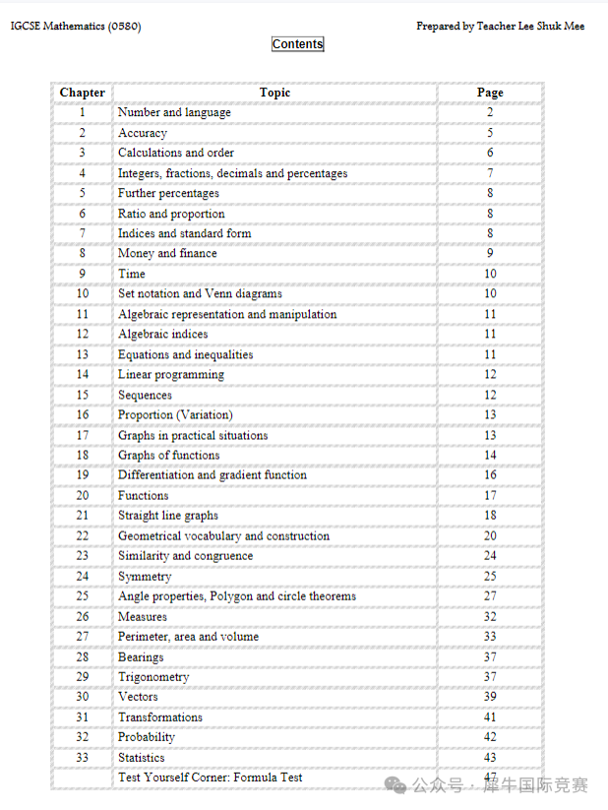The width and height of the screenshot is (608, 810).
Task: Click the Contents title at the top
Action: point(297,43)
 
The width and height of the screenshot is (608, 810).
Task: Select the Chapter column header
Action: point(83,93)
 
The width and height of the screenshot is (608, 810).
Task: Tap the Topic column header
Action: point(274,93)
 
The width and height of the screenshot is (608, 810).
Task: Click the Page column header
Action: point(490,93)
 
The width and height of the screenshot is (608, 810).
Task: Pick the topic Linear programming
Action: point(171,374)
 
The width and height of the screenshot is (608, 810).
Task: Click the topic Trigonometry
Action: point(153,677)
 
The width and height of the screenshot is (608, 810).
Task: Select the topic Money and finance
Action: point(167,253)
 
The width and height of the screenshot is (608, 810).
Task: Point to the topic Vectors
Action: point(138,697)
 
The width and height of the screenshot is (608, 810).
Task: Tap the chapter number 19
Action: point(83,475)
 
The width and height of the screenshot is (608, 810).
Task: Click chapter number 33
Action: point(83,758)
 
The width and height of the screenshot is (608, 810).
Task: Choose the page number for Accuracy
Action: point(490,133)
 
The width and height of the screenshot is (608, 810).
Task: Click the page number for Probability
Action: point(490,737)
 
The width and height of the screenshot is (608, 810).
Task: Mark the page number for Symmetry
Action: point(490,576)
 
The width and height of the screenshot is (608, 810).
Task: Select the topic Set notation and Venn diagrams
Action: point(200,293)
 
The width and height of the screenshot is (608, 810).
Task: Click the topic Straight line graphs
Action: point(168,516)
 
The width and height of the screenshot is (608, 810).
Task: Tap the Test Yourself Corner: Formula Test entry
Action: point(211,778)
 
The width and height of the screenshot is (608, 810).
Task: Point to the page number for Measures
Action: point(490,616)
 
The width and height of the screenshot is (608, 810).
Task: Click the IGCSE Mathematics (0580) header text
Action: point(76,27)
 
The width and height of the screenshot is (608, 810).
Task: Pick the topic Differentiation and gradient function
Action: point(213,475)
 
